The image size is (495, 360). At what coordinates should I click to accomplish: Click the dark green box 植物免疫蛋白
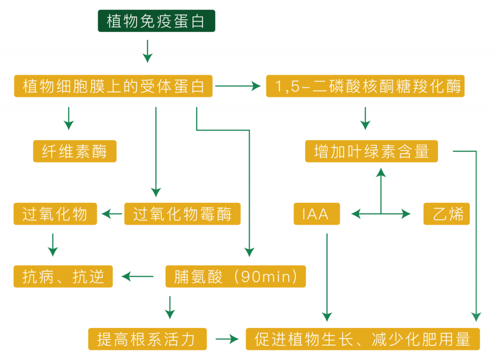point(156,21)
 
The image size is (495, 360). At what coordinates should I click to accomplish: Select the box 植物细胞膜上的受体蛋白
point(113,86)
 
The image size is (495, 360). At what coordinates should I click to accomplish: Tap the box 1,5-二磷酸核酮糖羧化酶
point(365,86)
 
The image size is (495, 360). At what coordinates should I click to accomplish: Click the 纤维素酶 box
point(75,151)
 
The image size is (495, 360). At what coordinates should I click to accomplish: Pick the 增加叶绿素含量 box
point(371,151)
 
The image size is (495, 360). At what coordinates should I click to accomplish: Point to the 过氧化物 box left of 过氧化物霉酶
point(55,214)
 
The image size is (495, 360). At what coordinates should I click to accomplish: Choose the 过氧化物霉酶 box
point(182,214)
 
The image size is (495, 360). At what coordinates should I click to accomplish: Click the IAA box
point(316,214)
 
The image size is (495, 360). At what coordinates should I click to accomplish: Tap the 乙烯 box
point(446,214)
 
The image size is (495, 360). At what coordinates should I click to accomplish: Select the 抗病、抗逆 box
point(63,277)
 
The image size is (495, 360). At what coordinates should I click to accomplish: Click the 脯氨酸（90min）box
point(235,277)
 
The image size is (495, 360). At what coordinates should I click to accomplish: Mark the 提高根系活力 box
point(147,339)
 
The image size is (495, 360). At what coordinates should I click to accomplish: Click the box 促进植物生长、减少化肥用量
point(363,339)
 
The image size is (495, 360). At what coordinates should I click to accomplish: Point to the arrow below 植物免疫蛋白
point(147,51)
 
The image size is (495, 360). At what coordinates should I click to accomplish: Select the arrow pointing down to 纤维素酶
point(69,118)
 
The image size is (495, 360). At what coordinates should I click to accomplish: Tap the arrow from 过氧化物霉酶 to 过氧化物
point(112,214)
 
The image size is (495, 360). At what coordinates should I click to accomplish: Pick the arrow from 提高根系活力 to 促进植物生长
point(227,339)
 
